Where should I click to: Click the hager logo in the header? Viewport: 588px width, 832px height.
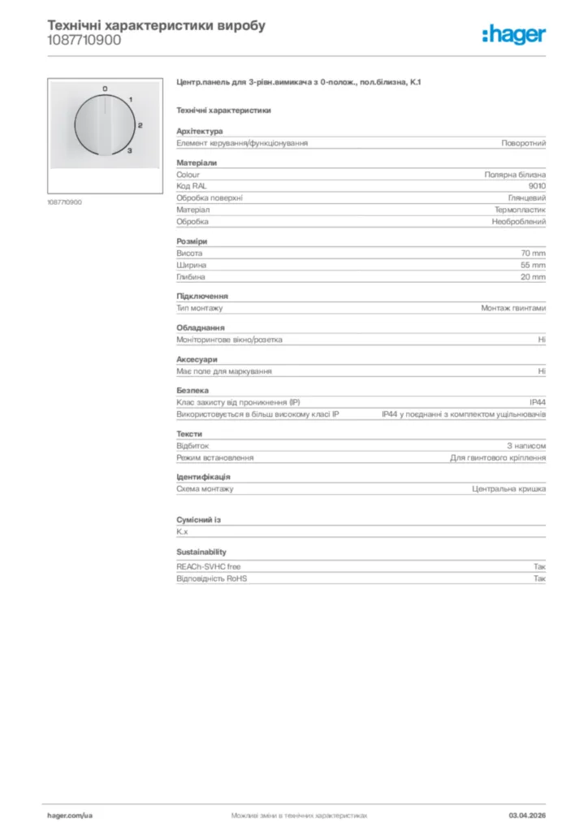pyautogui.click(x=514, y=34)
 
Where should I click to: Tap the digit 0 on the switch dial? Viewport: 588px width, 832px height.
pyautogui.click(x=105, y=88)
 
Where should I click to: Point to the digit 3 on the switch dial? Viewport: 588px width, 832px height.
pyautogui.click(x=131, y=150)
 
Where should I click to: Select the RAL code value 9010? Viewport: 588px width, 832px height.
pyautogui.click(x=537, y=186)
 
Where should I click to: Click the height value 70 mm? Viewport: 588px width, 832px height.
pyautogui.click(x=533, y=253)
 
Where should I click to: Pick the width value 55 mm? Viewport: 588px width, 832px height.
pyautogui.click(x=533, y=265)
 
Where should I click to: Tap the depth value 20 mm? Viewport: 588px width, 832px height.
pyautogui.click(x=533, y=277)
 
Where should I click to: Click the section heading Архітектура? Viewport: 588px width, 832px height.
pyautogui.click(x=199, y=132)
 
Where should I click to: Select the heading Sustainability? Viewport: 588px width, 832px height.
pyautogui.click(x=201, y=552)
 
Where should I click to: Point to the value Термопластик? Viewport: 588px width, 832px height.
pyautogui.click(x=520, y=210)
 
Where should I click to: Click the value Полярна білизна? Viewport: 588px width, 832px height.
pyautogui.click(x=515, y=175)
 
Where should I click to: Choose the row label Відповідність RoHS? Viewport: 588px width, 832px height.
pyautogui.click(x=211, y=579)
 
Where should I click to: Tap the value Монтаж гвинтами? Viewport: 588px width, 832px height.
pyautogui.click(x=513, y=309)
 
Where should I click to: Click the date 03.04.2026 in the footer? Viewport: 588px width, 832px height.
pyautogui.click(x=527, y=815)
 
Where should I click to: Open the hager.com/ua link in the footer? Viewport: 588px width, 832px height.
pyautogui.click(x=70, y=815)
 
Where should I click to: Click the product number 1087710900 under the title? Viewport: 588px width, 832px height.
pyautogui.click(x=84, y=40)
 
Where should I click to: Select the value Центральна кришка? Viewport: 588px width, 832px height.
pyautogui.click(x=509, y=489)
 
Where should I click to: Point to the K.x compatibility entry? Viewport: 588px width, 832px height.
pyautogui.click(x=182, y=532)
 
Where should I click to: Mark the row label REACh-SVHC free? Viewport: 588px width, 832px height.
pyautogui.click(x=208, y=567)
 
